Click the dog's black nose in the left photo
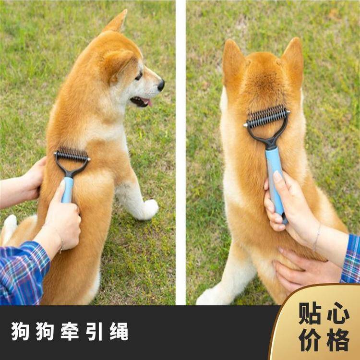pos(161,85)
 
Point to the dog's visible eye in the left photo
pos(139,76)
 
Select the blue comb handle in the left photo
pos(68,190)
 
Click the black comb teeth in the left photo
pos(72,154)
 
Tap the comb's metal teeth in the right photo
pos(267,116)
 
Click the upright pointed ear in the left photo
pos(117,21)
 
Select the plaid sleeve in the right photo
pos(351,259)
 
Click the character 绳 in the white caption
pos(119,331)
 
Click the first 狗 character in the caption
pos(20,331)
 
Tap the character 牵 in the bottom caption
pos(70,331)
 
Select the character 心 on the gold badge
pos(338,313)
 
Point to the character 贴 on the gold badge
pos(310,313)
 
